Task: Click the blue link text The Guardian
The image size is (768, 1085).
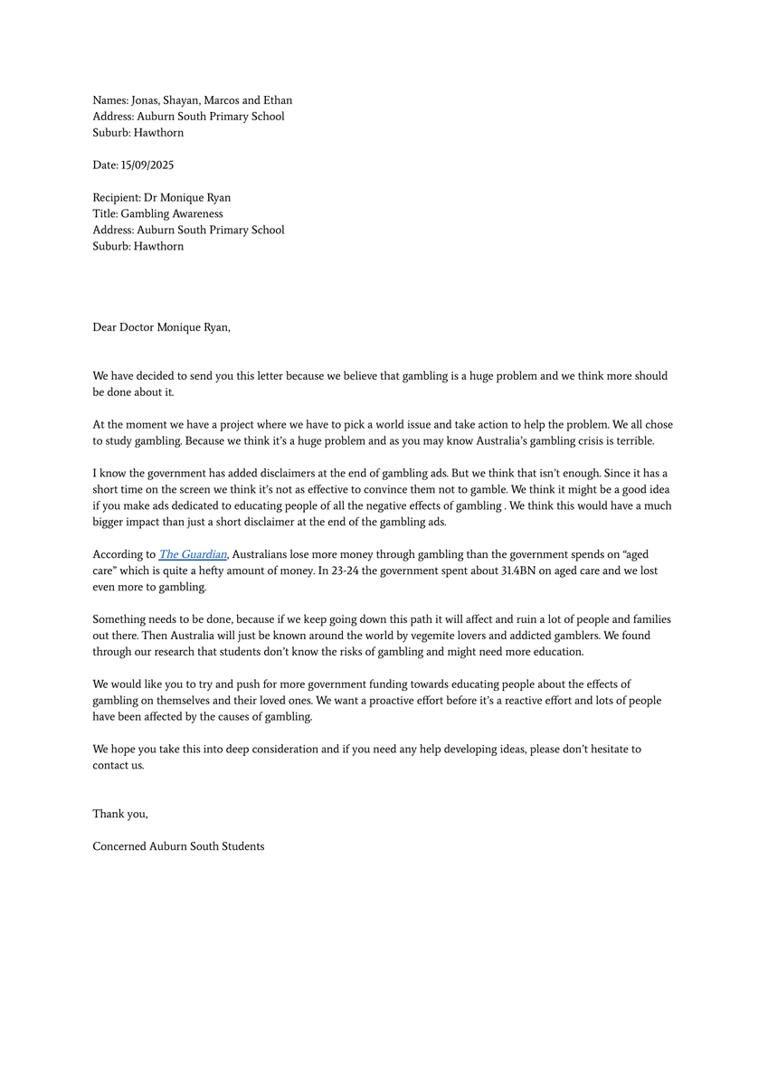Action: click(193, 554)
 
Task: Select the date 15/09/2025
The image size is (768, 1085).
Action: click(147, 165)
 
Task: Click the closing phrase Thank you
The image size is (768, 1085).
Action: click(119, 814)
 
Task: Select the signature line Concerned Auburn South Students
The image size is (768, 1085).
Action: click(178, 846)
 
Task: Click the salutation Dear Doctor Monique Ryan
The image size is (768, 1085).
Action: click(161, 327)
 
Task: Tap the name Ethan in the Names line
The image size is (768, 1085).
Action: click(276, 100)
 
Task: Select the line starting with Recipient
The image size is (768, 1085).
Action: click(161, 198)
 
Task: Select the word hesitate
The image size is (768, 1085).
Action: click(606, 750)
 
